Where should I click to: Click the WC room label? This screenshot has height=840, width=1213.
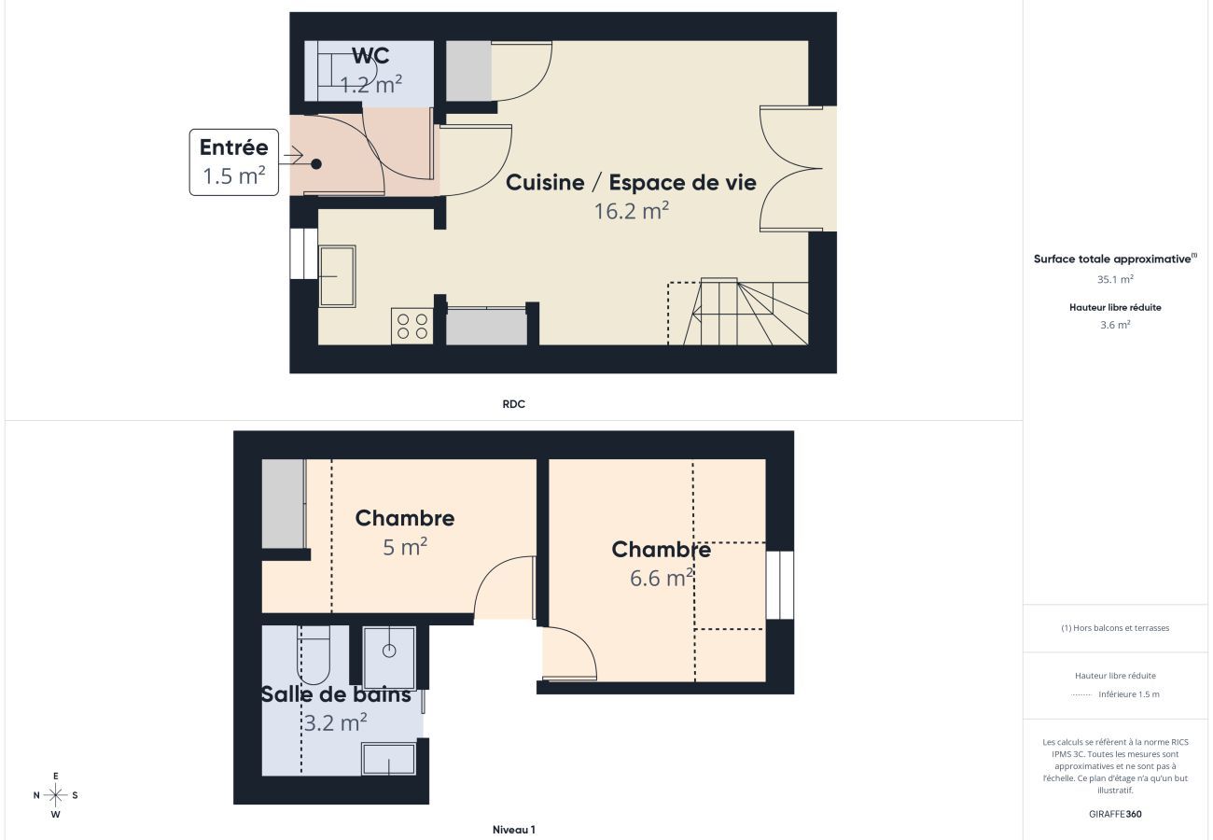(370, 56)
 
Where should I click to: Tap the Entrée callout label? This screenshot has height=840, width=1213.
(233, 147)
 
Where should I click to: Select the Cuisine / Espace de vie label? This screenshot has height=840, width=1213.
(631, 182)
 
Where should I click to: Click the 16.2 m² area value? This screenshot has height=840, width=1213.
(632, 211)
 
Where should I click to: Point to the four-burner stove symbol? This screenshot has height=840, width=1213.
(411, 326)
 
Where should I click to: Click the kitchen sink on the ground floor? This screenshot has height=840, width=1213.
(337, 275)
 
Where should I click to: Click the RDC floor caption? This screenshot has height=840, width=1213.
(513, 404)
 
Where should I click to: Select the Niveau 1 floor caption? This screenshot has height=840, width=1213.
(513, 830)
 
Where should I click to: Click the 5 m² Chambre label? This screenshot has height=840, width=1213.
(405, 518)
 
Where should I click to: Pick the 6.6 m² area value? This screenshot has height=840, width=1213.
(661, 579)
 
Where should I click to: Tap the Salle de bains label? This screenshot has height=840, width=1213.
(336, 695)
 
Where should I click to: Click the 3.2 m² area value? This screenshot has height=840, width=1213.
(335, 722)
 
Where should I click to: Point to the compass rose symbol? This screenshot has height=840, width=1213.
(56, 795)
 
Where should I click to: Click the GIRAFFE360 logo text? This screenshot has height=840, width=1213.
(1115, 814)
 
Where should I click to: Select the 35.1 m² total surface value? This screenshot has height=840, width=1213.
(1115, 279)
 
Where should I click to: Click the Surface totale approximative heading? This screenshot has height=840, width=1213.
(1114, 259)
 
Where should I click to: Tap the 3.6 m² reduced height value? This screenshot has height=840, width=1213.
(1115, 325)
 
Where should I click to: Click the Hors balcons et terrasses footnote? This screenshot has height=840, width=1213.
(1115, 628)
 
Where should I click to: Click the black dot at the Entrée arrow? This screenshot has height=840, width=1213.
(316, 164)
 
